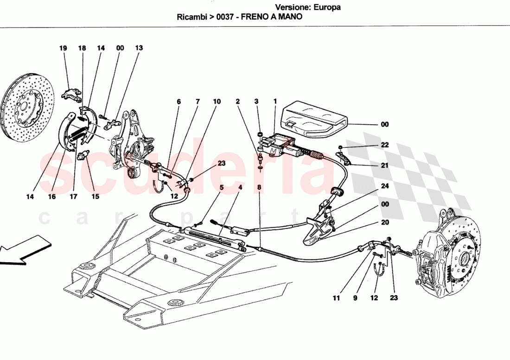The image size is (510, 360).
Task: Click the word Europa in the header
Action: pyautogui.click(x=327, y=7)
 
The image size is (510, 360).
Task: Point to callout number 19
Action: pyautogui.click(x=63, y=48)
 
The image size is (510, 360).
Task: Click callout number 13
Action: pyautogui.click(x=139, y=48)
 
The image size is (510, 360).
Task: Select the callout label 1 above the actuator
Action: pyautogui.click(x=275, y=101)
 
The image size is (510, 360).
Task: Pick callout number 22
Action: pyautogui.click(x=385, y=145)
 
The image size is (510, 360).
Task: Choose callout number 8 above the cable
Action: pyautogui.click(x=259, y=188)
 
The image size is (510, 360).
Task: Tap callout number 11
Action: pyautogui.click(x=336, y=298)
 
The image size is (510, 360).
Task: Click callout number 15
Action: pyautogui.click(x=95, y=197)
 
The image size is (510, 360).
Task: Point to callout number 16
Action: pyautogui.click(x=51, y=197)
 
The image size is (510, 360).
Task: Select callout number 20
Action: pyautogui.click(x=385, y=222)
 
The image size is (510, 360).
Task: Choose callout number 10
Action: pyautogui.click(x=217, y=101)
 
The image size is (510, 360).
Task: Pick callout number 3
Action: pyautogui.click(x=255, y=101)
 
